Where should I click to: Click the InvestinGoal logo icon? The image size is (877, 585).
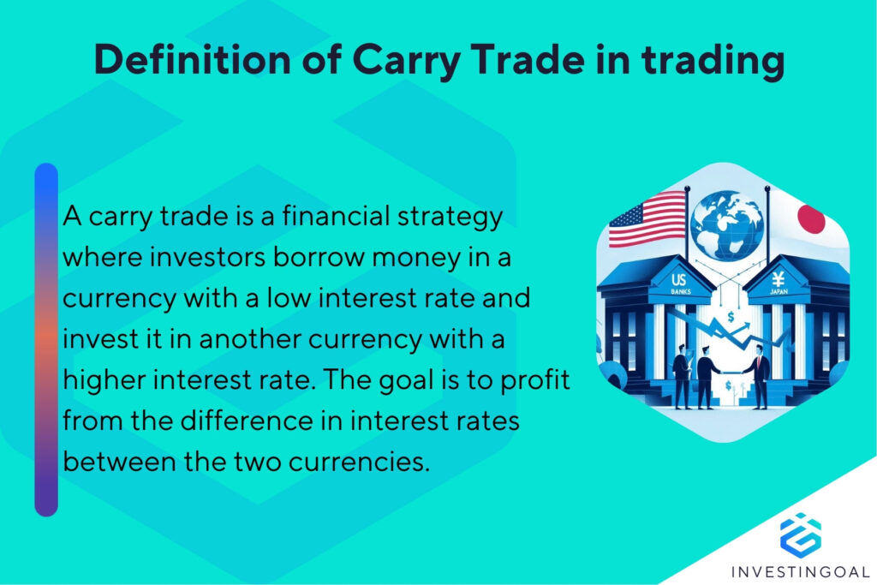tap(800, 533)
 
